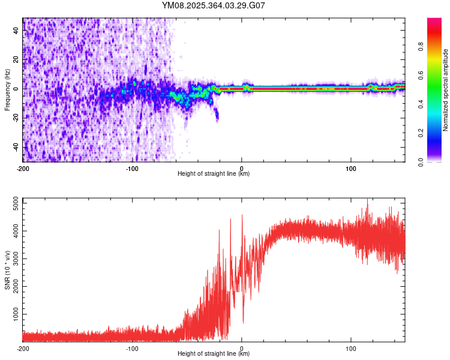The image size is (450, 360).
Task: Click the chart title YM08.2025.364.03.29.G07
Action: click(x=214, y=5)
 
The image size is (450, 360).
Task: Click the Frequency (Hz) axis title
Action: click(x=7, y=90)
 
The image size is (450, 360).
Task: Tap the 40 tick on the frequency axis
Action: click(x=16, y=31)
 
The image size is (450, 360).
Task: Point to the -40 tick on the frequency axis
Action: click(x=14, y=147)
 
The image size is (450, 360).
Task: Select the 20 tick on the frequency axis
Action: click(x=16, y=60)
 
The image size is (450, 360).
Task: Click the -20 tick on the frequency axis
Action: click(x=14, y=118)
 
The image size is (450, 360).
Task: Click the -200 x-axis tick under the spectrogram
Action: click(x=22, y=168)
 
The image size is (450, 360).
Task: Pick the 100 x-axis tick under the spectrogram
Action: click(x=351, y=168)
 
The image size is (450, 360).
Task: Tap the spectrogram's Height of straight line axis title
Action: click(x=214, y=174)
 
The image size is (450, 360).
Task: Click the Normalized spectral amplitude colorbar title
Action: click(x=446, y=90)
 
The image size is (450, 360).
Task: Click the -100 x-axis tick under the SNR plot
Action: click(x=132, y=348)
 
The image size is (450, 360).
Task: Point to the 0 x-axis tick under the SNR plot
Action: click(x=242, y=348)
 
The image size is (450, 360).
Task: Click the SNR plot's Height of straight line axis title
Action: click(x=214, y=354)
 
